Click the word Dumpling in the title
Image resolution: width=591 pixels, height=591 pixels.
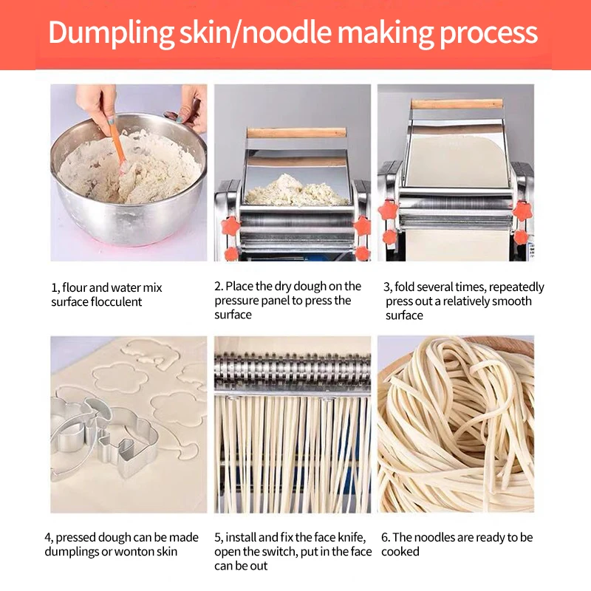[x=111, y=33]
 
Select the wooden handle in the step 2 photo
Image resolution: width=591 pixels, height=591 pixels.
[x=296, y=133]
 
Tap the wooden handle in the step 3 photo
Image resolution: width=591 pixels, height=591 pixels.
[x=457, y=103]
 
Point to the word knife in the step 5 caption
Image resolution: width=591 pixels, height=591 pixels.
[x=352, y=537]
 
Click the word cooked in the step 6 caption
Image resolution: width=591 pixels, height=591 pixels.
[x=400, y=551]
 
